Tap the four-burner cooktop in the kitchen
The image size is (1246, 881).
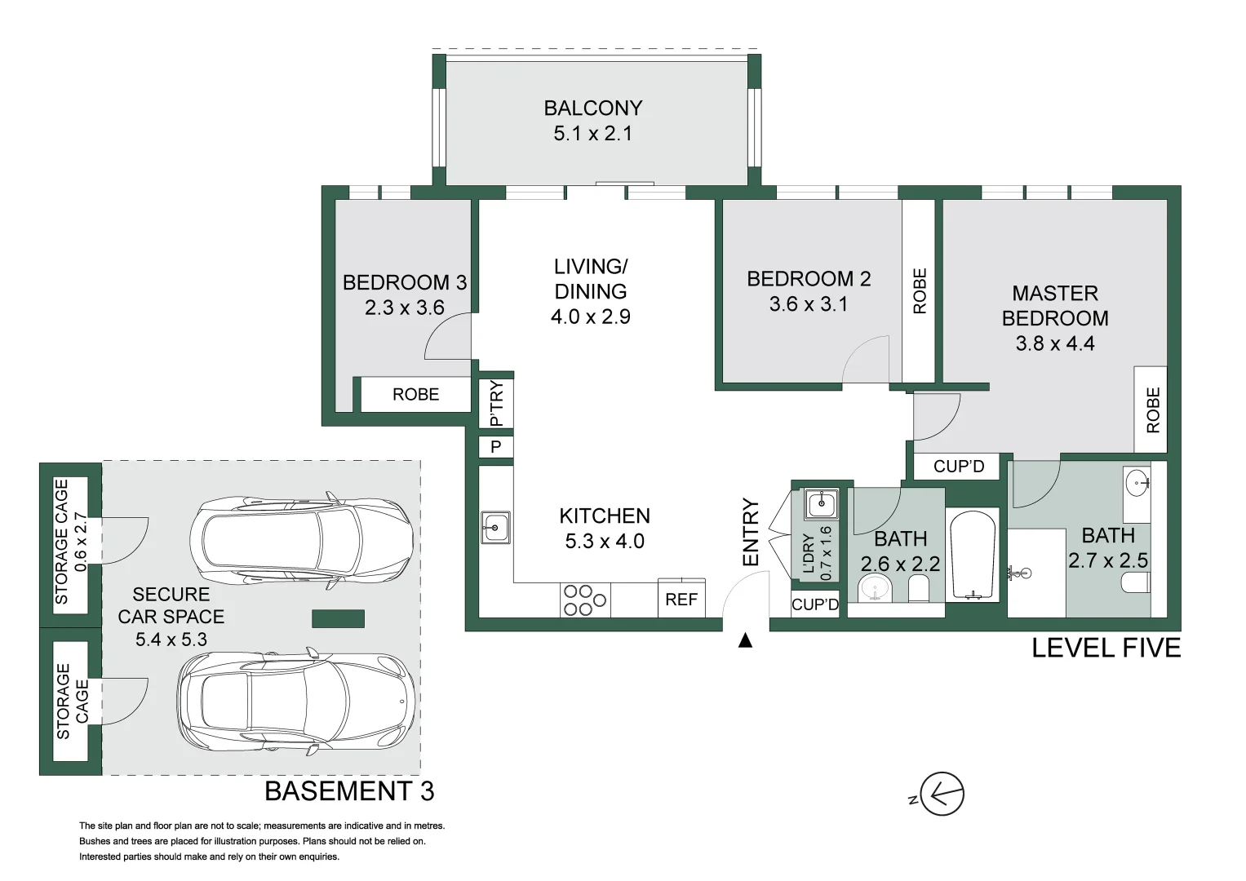[584, 600]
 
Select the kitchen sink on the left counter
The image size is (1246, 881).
[495, 527]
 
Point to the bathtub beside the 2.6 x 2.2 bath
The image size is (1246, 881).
[973, 556]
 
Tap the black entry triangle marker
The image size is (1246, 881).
[745, 641]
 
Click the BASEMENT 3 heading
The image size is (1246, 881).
[349, 791]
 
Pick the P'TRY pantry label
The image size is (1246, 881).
[496, 403]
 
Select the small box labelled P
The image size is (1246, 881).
[495, 446]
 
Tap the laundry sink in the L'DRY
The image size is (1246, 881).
[821, 504]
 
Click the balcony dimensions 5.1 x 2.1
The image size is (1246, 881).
[593, 134]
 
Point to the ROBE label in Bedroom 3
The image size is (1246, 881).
[415, 394]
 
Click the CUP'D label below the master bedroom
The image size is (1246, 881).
[959, 466]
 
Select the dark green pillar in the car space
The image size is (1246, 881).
[338, 618]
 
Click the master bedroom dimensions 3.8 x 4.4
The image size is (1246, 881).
[1054, 343]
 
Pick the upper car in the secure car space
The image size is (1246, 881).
[301, 539]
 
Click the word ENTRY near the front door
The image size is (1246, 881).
[751, 532]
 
